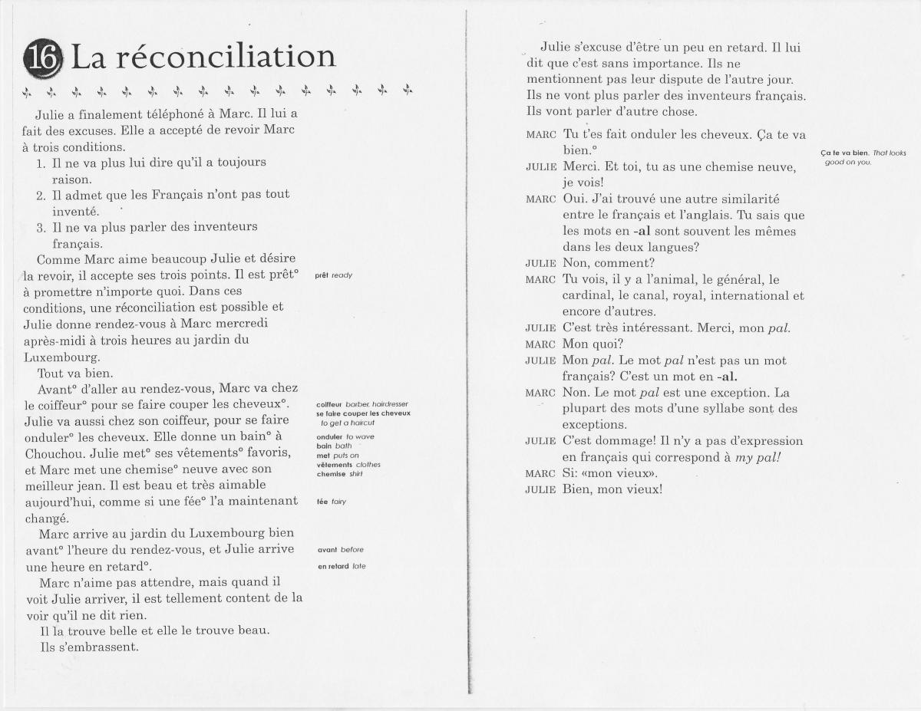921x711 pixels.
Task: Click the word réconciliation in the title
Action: (x=226, y=58)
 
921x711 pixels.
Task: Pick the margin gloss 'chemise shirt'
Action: (x=339, y=474)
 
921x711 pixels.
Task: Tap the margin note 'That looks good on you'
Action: (x=863, y=157)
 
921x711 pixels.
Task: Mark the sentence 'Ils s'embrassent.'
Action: (x=89, y=647)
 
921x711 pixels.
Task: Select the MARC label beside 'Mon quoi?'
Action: (x=541, y=344)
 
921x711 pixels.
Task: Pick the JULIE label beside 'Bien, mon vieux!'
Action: (x=540, y=489)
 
